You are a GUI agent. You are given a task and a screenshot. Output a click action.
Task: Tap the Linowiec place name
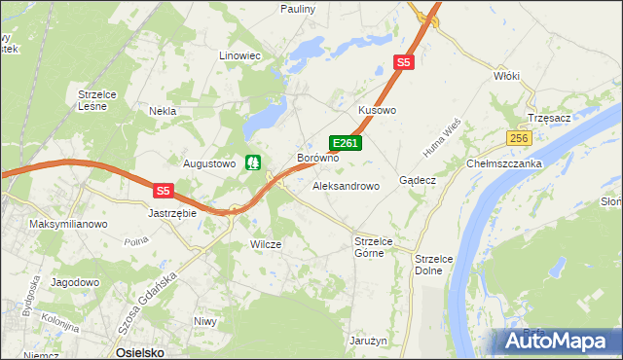coord(241,56)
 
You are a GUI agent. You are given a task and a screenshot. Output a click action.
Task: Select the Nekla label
coord(162,111)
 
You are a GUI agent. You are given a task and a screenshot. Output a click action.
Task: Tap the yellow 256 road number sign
coord(518,138)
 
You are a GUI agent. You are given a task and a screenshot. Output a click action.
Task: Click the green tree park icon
coord(254,162)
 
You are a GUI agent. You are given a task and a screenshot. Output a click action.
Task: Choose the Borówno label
coord(317,158)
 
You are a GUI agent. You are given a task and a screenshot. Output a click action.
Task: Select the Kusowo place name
coord(378,111)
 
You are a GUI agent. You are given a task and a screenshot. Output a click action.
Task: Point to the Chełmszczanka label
coord(504,164)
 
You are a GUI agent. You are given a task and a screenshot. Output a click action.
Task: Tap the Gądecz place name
coord(417,181)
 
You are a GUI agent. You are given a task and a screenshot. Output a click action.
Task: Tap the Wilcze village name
coord(266,245)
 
